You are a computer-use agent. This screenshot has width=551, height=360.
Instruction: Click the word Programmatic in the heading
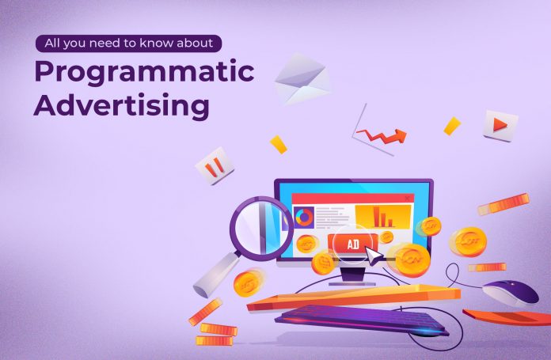144,73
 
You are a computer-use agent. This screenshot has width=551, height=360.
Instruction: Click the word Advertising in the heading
122,106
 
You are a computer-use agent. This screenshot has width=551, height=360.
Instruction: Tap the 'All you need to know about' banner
128,44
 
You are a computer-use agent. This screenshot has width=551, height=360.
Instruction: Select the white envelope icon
302,79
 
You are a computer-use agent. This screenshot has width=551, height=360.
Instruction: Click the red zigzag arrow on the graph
382,135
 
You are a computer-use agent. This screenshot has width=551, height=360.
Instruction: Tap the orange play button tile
500,125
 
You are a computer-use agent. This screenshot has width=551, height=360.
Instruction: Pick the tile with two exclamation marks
215,166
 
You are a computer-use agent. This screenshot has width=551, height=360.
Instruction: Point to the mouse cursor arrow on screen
374,256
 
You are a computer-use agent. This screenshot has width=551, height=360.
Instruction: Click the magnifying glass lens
261,229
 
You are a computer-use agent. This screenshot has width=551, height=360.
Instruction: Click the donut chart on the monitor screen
304,218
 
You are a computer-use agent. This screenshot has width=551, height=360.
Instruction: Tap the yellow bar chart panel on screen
383,217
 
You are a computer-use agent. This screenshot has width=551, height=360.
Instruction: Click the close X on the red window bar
407,199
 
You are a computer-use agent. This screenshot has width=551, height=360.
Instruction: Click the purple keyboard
362,319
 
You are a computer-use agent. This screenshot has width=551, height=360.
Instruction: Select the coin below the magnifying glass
248,283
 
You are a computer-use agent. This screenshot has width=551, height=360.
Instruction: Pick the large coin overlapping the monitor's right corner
411,260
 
